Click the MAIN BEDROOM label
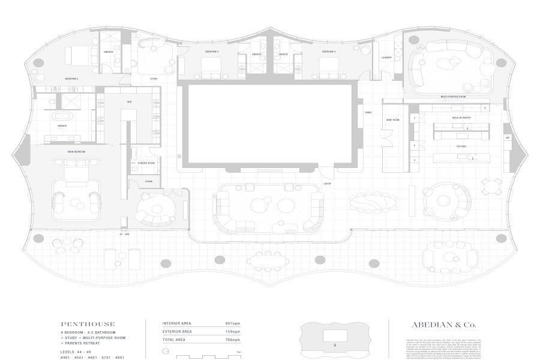click(77, 152)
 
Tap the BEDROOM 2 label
click(72, 79)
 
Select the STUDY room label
click(154, 79)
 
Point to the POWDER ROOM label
click(146, 163)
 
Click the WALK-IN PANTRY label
click(460, 118)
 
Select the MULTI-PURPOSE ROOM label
click(453, 96)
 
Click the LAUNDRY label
click(387, 58)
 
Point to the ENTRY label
click(328, 183)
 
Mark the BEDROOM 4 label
click(327, 52)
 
